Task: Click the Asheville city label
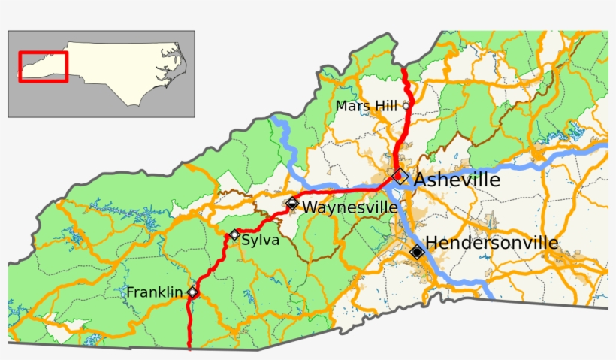457,180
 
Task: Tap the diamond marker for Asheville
400,177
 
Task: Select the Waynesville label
350,207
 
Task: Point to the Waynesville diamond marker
292,203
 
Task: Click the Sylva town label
261,240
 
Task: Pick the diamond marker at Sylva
234,234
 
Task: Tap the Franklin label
155,292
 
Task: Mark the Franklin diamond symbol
193,292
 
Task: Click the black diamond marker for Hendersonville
416,252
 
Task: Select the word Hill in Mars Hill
385,106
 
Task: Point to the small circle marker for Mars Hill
406,106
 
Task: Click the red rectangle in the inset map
44,66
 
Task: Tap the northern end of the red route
403,70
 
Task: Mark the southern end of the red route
189,348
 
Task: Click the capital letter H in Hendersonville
432,243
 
